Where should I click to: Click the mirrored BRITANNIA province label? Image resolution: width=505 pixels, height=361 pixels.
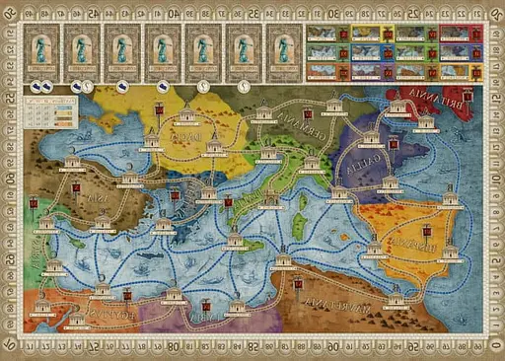point(419,103)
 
